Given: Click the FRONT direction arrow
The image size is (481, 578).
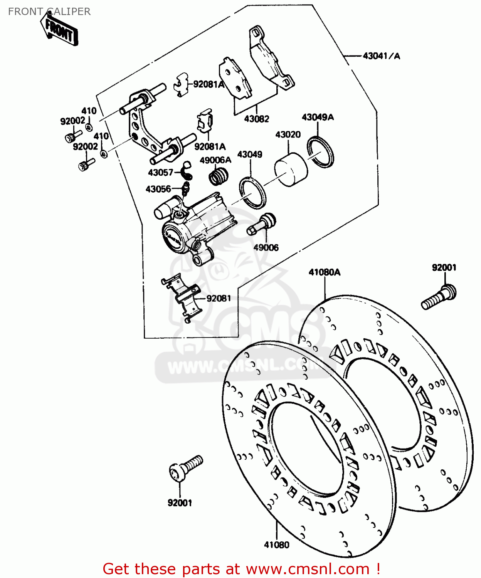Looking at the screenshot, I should [x=60, y=30].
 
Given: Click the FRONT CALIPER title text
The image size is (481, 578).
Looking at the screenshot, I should [x=49, y=12].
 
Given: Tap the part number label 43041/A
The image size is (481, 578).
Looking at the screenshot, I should [x=381, y=56].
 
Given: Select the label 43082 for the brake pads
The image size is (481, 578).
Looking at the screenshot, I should [x=256, y=119].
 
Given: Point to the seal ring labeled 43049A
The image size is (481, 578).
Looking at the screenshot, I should [x=320, y=152].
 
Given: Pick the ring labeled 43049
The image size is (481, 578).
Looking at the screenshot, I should [x=252, y=192].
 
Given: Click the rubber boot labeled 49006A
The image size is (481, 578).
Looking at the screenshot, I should [x=218, y=177].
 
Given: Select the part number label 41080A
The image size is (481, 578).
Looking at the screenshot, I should [x=325, y=272].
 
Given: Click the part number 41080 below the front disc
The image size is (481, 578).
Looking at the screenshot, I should [x=276, y=545].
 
